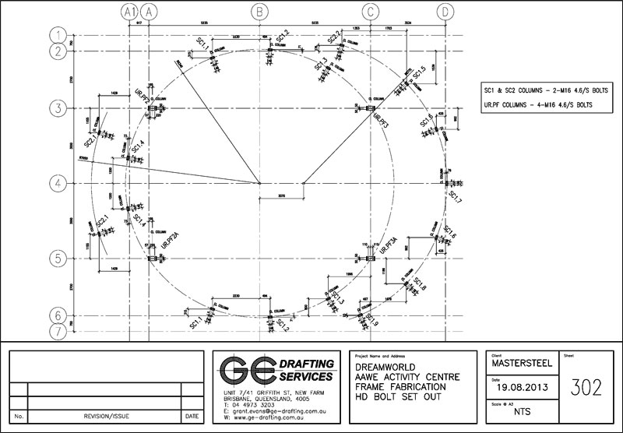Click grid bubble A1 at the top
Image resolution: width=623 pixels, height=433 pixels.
tap(129, 12)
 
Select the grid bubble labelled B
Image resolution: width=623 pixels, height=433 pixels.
tap(260, 12)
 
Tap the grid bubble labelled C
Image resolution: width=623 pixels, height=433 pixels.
tap(371, 12)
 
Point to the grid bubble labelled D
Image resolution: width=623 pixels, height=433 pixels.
tap(445, 12)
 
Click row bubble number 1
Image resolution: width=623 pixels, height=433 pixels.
tap(56, 34)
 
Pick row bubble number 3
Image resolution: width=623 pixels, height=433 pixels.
tap(56, 107)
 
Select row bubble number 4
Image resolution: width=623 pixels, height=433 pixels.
tap(56, 184)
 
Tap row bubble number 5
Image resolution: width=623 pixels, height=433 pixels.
tap(56, 258)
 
